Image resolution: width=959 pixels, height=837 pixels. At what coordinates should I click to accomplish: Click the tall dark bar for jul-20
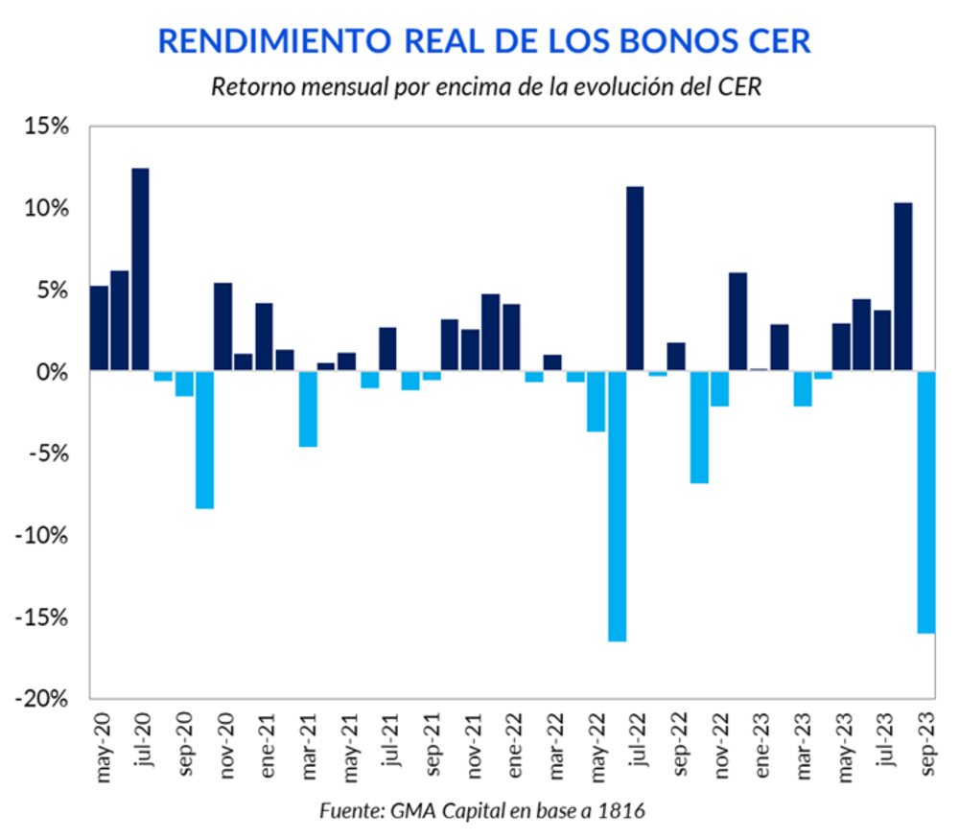click(140, 269)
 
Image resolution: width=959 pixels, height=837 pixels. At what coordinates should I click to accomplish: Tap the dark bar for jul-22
click(635, 278)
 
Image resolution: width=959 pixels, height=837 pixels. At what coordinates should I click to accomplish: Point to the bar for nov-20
click(222, 327)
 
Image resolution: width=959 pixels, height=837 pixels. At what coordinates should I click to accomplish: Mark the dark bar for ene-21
click(264, 337)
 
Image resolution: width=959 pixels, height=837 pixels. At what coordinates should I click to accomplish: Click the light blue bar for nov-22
click(718, 388)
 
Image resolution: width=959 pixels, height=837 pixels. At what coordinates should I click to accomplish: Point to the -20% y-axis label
click(46, 699)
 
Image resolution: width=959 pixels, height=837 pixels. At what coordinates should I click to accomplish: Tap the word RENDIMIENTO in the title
click(273, 41)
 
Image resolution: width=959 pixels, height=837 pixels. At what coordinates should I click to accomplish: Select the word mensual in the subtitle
click(326, 86)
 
